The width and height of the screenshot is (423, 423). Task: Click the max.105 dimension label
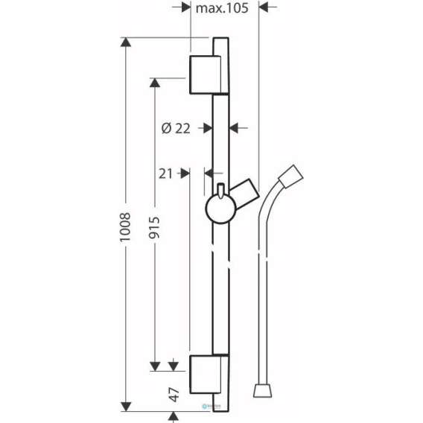coord(222,8)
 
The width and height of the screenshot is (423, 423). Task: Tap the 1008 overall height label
coord(125,227)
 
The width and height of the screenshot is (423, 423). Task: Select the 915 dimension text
coord(155,227)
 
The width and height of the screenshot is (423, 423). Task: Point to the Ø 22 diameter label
coord(176,128)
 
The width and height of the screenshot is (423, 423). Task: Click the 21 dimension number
coord(165,174)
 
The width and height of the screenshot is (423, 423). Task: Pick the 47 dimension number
coord(174,395)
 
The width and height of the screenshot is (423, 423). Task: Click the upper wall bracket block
coord(206,75)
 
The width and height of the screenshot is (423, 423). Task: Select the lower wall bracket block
coord(206,375)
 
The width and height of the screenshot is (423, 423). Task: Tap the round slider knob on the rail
coord(221,209)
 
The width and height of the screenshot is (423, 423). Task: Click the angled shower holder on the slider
coord(245,193)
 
